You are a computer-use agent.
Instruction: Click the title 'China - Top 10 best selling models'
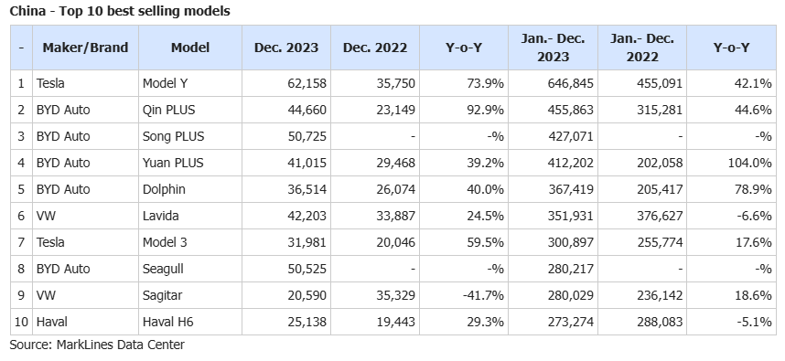120,11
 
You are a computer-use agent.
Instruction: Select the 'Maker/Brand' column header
85,48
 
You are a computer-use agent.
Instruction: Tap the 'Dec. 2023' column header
285,48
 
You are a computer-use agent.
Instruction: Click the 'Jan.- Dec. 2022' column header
642,48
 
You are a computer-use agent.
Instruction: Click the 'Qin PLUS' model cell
168,110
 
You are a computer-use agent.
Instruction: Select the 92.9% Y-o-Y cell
484,110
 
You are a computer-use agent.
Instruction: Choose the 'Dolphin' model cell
164,189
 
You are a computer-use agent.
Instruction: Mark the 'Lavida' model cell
161,216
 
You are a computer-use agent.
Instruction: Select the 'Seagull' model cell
163,269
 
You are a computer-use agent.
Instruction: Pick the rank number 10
21,322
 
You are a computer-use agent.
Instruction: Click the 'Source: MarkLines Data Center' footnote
97,345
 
